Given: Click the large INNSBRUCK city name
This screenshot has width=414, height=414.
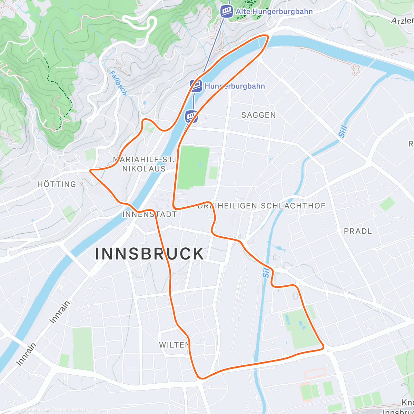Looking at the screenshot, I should (150, 254).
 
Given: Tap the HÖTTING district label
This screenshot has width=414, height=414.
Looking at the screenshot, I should (57, 184).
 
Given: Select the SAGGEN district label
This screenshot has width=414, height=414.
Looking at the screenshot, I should (258, 115).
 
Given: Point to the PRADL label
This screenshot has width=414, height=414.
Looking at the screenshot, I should (358, 231).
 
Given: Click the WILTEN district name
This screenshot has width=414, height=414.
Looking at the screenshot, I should (174, 345).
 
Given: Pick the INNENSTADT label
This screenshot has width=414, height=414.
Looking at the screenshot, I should (149, 214).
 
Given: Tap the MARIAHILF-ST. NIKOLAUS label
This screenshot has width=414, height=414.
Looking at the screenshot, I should (144, 164).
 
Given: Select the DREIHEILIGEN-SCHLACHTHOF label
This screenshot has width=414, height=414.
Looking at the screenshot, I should (262, 206).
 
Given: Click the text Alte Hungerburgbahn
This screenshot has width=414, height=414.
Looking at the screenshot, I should (274, 11).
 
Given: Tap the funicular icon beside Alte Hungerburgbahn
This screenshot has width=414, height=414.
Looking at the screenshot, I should (227, 11).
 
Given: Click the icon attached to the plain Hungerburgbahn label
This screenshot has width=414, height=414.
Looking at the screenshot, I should (196, 86).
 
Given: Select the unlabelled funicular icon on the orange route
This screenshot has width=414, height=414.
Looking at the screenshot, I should (191, 116).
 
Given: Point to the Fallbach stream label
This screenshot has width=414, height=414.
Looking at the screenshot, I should (118, 83).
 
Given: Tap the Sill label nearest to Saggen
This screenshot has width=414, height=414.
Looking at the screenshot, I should (343, 131).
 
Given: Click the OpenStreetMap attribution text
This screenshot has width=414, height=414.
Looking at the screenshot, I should (72, 410).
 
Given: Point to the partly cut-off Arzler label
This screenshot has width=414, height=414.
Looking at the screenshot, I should (402, 21).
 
